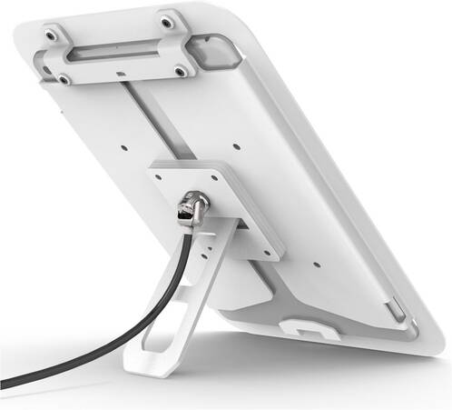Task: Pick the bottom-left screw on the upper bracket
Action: pos(64,78)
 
